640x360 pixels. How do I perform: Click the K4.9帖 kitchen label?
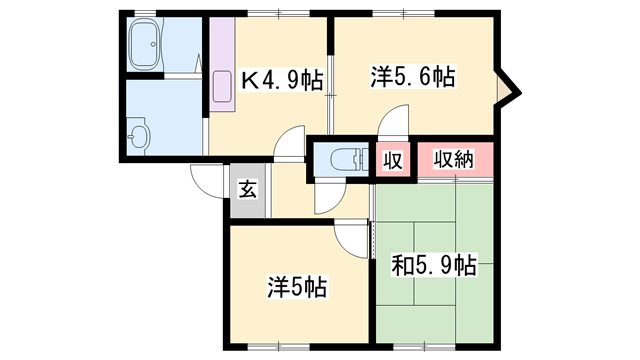click(x=284, y=80)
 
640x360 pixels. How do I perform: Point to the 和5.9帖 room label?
click(x=433, y=266)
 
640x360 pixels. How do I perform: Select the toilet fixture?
click(x=342, y=159)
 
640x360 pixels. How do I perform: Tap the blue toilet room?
click(x=340, y=160)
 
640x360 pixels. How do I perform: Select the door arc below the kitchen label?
click(x=290, y=143)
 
